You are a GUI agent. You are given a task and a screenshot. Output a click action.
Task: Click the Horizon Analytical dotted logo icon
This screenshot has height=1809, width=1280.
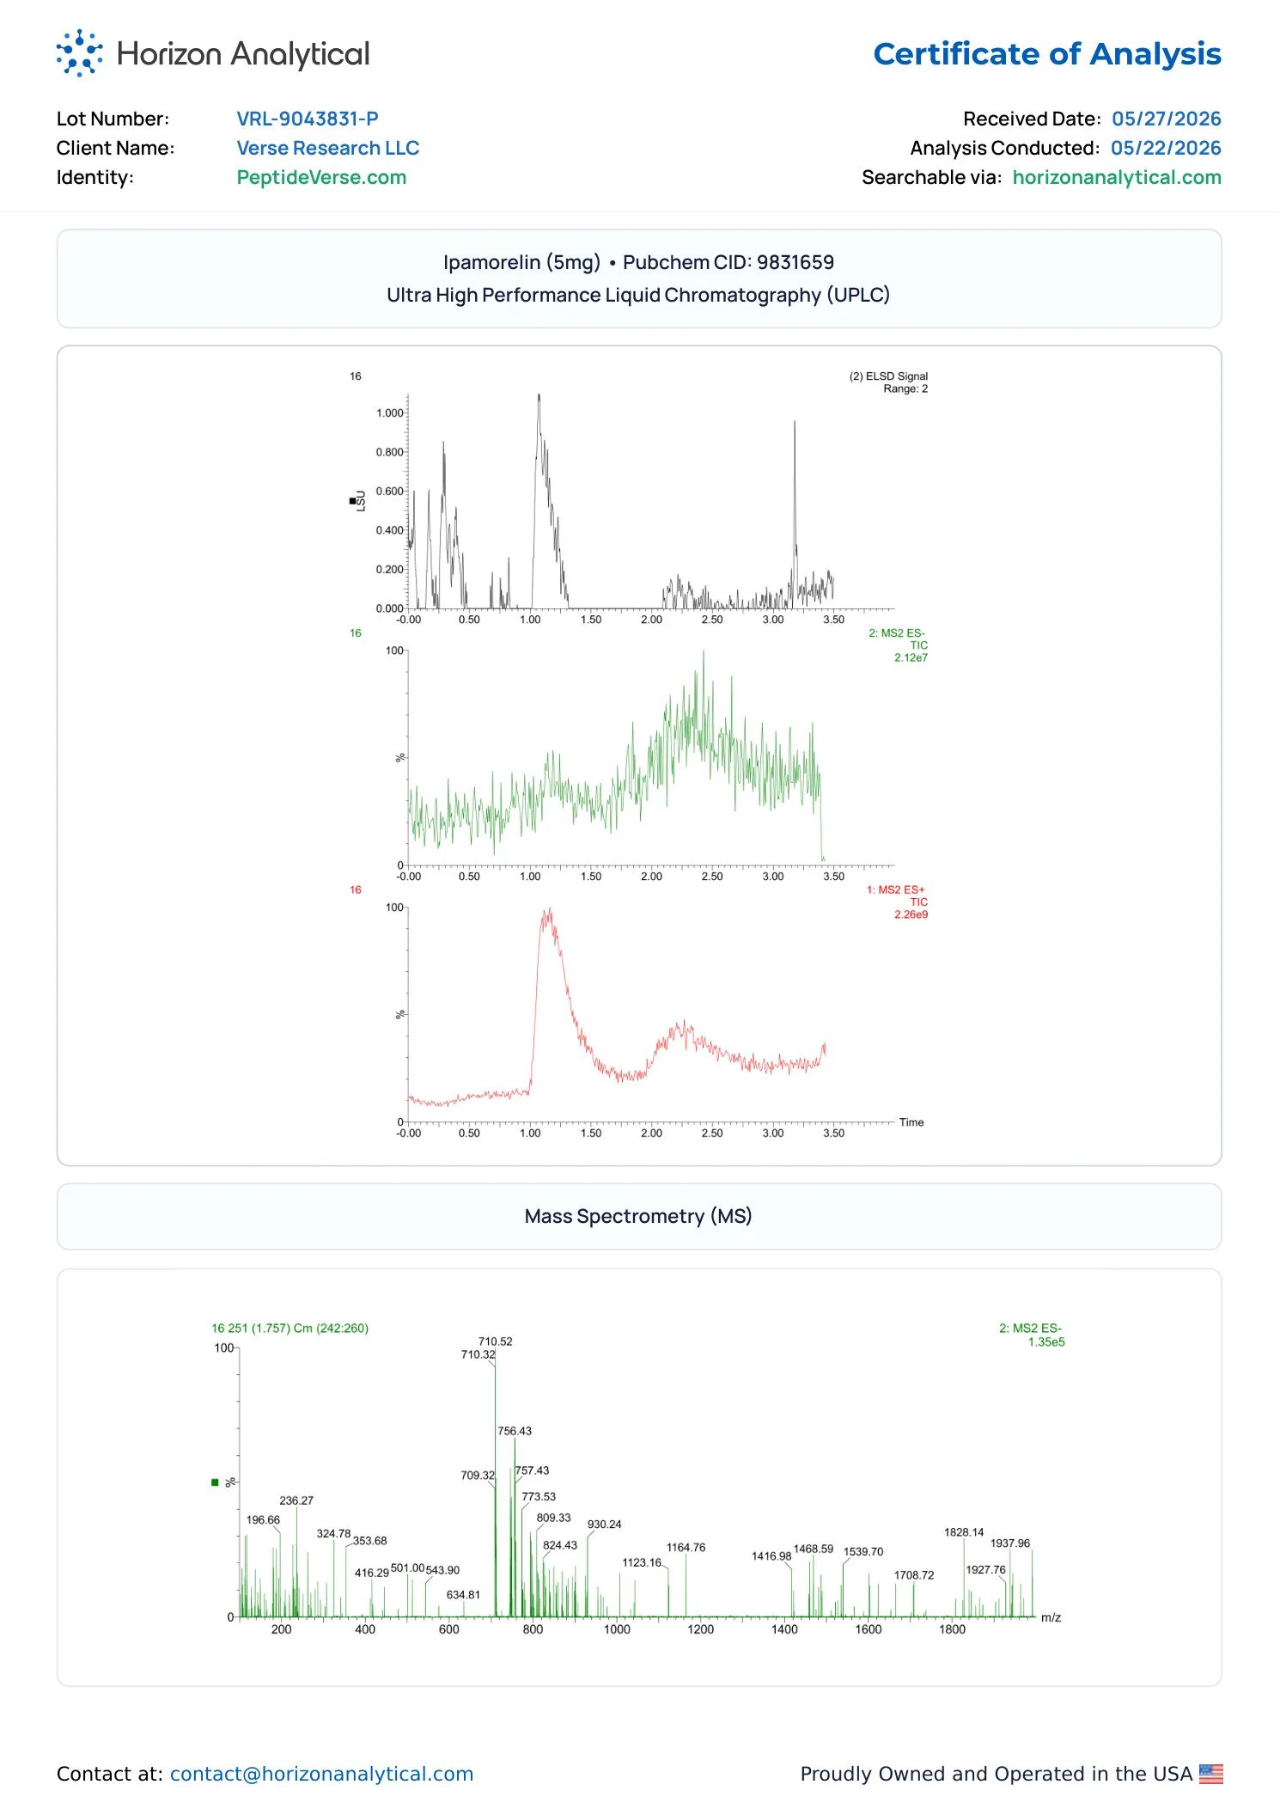[x=79, y=53]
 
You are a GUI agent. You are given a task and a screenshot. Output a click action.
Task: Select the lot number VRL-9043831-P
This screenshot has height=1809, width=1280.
[x=308, y=119]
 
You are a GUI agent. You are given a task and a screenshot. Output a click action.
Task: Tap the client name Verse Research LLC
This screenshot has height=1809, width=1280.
[x=328, y=148]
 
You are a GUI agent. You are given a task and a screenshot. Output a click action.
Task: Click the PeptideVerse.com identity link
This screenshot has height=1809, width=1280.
[x=322, y=178]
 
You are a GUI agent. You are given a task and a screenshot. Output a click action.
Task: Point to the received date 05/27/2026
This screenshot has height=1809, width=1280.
[x=1167, y=119]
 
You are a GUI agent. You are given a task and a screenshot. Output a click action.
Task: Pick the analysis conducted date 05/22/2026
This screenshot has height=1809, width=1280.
[x=1166, y=148]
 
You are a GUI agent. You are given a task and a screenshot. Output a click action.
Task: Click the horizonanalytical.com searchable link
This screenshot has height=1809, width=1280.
[x=1117, y=178]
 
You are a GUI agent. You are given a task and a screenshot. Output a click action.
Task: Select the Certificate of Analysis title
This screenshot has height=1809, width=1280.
[x=1047, y=54]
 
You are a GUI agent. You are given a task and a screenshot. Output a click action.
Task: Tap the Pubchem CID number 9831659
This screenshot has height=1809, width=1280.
[x=795, y=262]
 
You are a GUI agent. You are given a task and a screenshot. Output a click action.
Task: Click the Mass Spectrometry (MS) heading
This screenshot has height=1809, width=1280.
[x=638, y=1216]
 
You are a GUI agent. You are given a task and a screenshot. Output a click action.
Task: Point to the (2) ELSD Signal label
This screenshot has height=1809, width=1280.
[x=888, y=376]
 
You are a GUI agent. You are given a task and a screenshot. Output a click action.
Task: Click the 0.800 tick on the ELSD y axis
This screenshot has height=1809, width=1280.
[x=389, y=452]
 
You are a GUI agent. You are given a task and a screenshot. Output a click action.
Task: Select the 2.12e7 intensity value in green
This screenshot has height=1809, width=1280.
[x=911, y=658]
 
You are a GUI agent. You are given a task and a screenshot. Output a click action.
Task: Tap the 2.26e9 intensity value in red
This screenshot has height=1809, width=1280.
[x=911, y=915]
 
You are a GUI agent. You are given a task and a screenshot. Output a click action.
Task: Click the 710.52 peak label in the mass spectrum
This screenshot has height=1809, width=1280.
[x=496, y=1341]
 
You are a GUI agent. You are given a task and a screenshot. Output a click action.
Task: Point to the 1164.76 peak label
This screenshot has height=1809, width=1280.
[x=686, y=1548]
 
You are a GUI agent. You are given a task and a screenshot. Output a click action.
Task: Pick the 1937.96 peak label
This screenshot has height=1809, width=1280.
[x=1010, y=1543]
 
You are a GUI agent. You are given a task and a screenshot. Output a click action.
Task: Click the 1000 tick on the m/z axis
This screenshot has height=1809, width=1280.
[x=617, y=1629]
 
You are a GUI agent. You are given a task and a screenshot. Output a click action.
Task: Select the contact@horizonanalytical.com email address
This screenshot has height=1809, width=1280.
[x=322, y=1774]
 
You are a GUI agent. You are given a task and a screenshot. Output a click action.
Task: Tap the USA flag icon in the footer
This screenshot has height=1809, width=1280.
[x=1211, y=1774]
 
